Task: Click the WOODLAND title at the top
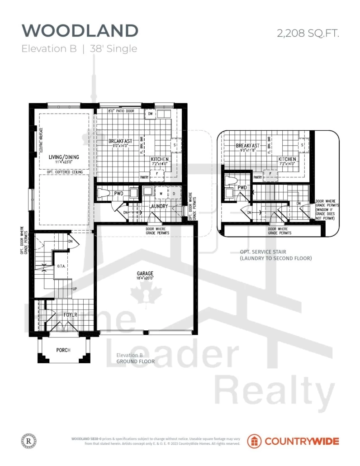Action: point(80,31)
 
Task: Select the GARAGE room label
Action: point(146,274)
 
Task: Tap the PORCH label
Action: point(63,350)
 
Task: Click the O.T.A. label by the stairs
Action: point(62,266)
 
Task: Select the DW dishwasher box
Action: point(151,114)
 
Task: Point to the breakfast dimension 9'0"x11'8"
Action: point(247,151)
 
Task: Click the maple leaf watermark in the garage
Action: point(146,296)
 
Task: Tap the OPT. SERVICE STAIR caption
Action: point(264,252)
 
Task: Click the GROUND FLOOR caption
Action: point(136,361)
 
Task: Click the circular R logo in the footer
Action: point(28,441)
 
